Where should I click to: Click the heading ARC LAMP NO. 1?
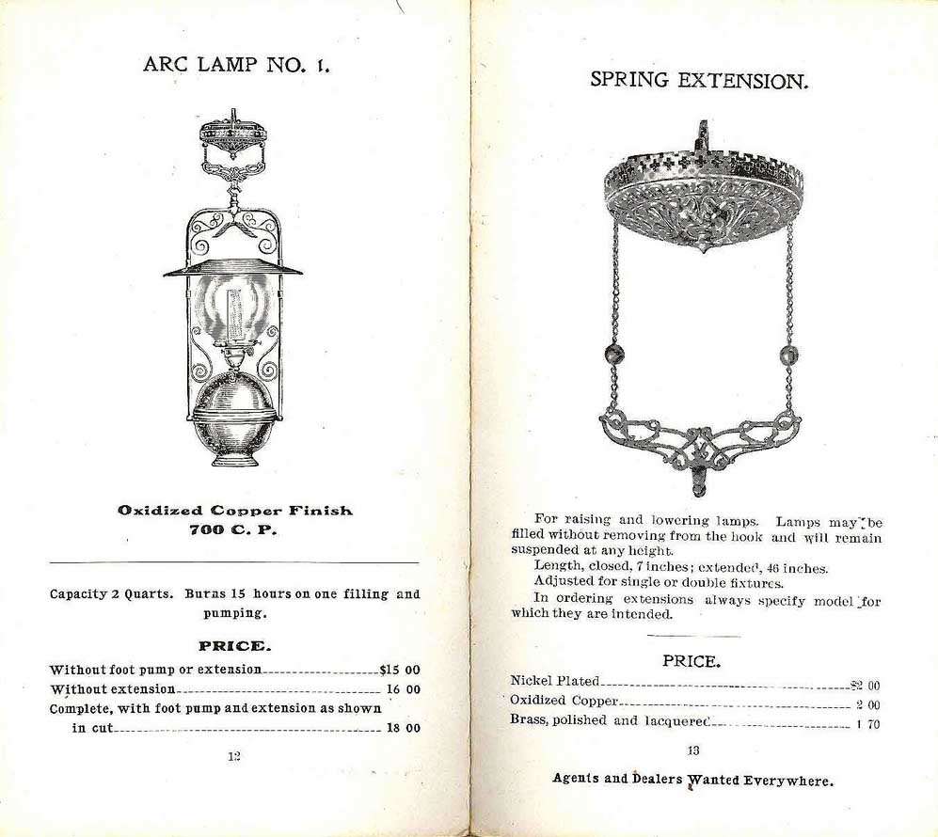(x=235, y=65)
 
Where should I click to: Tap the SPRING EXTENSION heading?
(x=699, y=80)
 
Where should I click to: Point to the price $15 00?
(x=399, y=670)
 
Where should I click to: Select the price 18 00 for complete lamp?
(x=403, y=727)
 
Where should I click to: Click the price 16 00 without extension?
(x=403, y=689)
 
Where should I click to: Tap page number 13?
(x=694, y=750)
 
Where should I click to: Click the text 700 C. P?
(x=234, y=529)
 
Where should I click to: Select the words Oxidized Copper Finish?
(x=235, y=510)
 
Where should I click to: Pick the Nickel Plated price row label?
(x=554, y=680)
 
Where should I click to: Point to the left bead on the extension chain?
(x=615, y=355)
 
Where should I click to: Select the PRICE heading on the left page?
(x=234, y=646)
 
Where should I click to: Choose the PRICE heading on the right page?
(x=692, y=660)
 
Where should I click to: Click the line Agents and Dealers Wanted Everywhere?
(x=692, y=780)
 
